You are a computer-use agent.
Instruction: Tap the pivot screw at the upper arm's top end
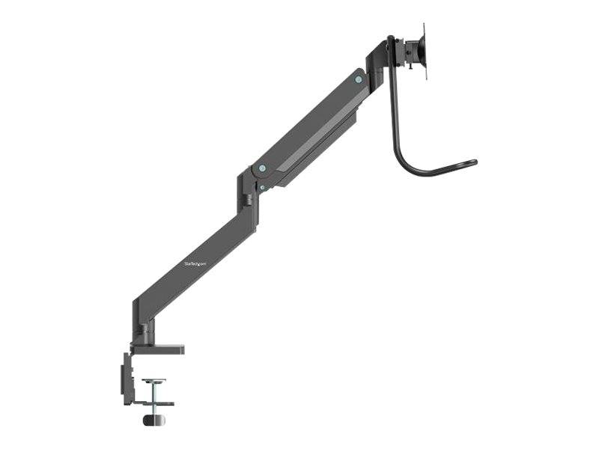click(359, 79)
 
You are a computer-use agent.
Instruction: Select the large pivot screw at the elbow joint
click(260, 168)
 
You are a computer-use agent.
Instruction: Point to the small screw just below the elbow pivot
click(261, 187)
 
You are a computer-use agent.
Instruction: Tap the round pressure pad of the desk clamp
click(155, 382)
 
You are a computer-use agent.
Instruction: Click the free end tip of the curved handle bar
click(472, 162)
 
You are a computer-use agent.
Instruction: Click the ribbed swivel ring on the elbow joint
click(246, 201)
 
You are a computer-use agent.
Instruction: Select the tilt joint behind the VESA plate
click(410, 54)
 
